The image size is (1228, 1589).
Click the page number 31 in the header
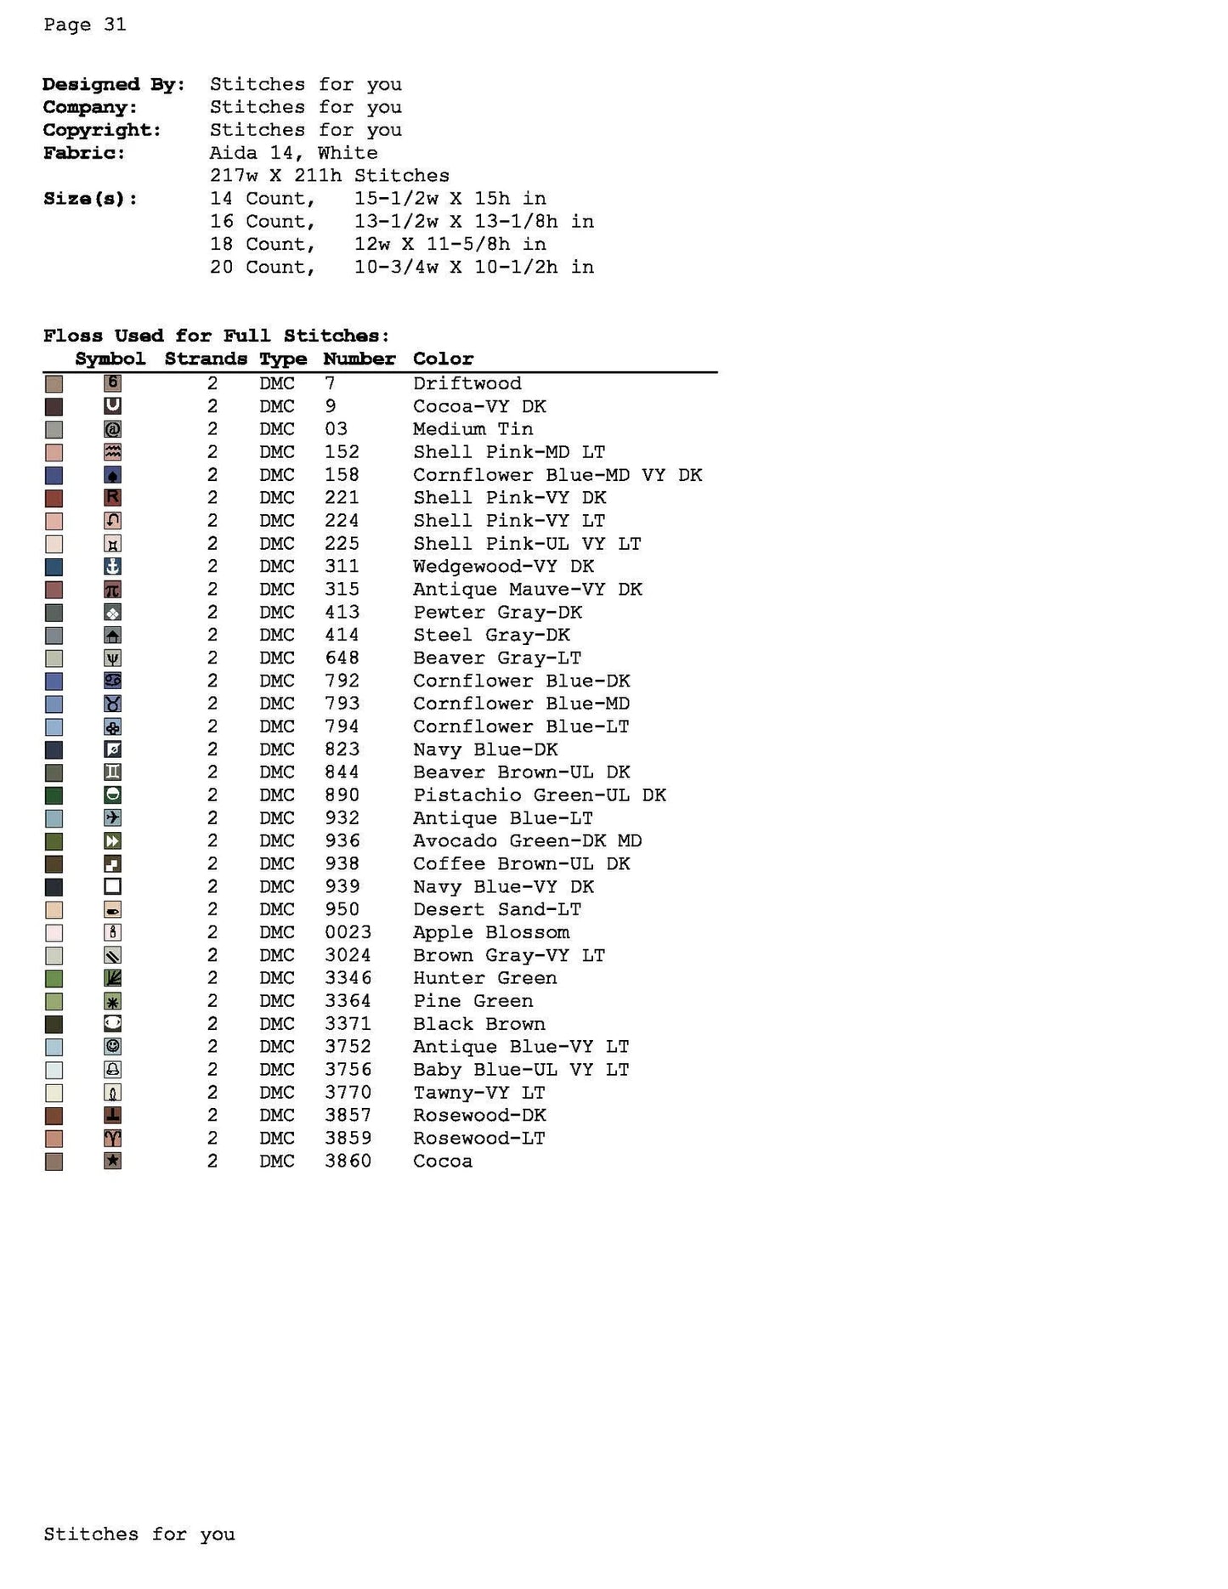(x=115, y=25)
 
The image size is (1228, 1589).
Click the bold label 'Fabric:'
(x=84, y=153)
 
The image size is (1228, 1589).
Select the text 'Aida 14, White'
(x=293, y=153)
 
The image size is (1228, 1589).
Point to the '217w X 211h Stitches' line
(x=329, y=176)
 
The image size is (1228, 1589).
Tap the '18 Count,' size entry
(x=263, y=244)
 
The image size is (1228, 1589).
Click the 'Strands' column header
(x=206, y=359)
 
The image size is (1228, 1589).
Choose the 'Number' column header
(x=359, y=359)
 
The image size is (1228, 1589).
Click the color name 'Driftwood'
(x=467, y=383)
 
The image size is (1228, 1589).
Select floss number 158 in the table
(x=342, y=475)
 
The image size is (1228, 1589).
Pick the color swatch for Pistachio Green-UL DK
(x=54, y=795)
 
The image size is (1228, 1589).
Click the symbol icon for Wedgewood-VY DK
(x=112, y=567)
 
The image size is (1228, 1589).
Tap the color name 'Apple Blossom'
(x=490, y=932)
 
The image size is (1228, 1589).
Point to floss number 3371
(x=348, y=1024)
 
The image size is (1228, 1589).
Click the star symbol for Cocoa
(x=112, y=1161)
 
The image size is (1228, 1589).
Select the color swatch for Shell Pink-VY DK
(x=54, y=498)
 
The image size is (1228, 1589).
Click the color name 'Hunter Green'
(x=484, y=978)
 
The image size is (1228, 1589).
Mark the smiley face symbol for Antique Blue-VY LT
(x=112, y=1047)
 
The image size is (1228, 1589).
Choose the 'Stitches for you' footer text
(x=139, y=1534)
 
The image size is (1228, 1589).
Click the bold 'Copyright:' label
(x=101, y=130)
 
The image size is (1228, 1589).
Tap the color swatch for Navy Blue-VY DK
(x=54, y=887)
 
